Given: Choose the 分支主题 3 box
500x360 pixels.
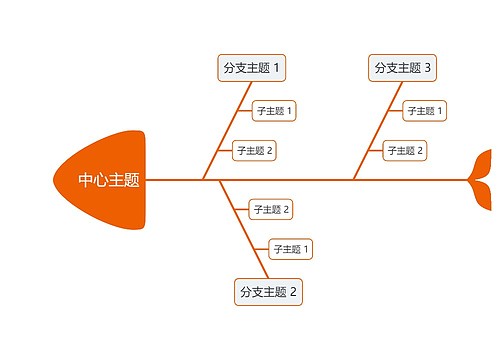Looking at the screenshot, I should click(403, 68).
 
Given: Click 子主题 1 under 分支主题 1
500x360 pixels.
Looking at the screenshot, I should click(274, 110).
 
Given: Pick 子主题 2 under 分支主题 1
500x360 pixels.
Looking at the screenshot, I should click(254, 151).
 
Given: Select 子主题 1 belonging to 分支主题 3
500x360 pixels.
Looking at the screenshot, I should click(425, 110).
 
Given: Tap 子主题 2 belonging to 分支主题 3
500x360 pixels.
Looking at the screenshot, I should click(405, 151).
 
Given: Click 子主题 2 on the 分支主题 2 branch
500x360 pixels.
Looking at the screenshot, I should click(271, 209).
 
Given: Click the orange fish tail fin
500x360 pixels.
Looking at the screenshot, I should click(482, 180).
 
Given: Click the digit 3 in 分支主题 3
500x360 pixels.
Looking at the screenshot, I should click(428, 68).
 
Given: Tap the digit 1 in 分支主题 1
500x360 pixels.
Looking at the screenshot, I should click(277, 68).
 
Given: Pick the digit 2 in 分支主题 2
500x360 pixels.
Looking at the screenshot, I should click(294, 292).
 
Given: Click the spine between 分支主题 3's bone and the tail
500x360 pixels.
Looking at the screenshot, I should click(410, 180).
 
